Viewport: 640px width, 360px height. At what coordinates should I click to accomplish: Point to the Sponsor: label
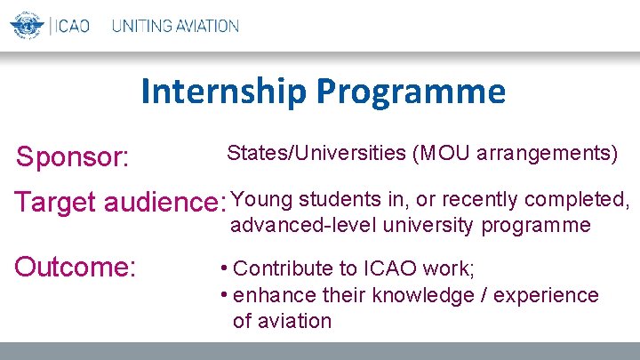click(x=74, y=157)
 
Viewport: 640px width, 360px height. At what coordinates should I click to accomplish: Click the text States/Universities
click(x=316, y=153)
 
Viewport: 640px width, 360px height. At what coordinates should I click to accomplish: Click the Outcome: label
click(x=75, y=267)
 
